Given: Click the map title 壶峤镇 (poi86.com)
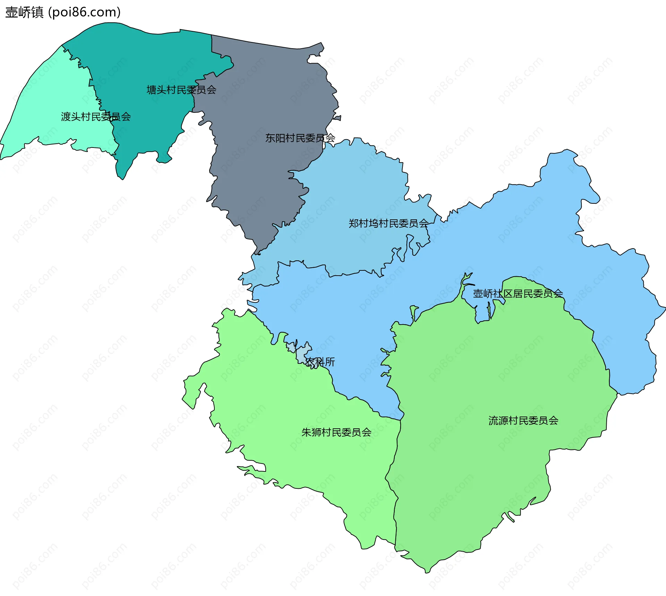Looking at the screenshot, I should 63,12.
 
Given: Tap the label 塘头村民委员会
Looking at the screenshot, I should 181,90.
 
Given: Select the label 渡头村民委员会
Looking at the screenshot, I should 96,117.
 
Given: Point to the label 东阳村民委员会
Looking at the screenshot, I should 300,138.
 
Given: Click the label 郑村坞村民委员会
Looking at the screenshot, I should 388,223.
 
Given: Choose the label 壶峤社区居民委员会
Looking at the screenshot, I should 518,294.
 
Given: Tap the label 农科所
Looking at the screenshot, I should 320,362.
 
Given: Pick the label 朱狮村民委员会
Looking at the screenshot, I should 336,432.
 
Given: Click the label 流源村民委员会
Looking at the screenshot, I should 523,421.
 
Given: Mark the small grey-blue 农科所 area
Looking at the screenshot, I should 301,354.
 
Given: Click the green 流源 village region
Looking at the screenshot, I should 486,469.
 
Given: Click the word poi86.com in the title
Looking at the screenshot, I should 84,12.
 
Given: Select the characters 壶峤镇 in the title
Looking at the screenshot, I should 24,12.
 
